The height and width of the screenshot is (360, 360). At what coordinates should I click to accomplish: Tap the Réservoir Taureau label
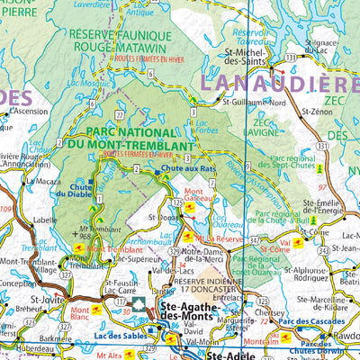[253, 35]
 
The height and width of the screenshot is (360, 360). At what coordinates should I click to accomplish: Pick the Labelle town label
[44, 218]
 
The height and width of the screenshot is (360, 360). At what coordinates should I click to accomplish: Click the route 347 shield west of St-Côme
[255, 239]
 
